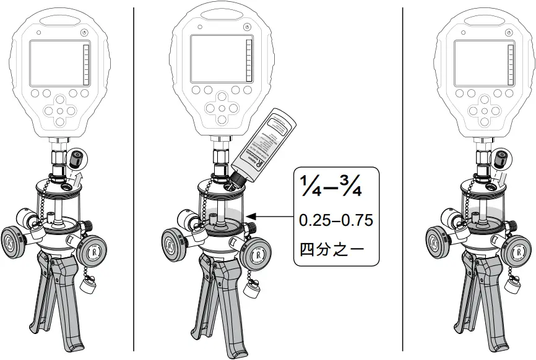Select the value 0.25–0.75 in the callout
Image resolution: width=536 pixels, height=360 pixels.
(335, 220)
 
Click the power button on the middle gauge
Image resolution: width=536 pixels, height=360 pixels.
(247, 27)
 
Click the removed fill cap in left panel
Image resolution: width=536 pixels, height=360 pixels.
(78, 158)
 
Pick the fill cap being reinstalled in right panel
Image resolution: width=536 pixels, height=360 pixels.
(498, 159)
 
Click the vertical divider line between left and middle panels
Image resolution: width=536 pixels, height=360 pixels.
(134, 179)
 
